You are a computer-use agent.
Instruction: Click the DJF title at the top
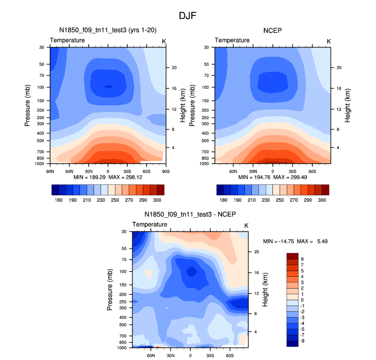point(187,16)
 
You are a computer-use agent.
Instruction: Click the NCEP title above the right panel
point(272,31)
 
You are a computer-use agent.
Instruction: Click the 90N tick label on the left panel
point(50,171)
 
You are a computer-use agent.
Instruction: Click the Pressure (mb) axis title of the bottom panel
point(110,290)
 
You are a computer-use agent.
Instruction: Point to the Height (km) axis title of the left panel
point(183,105)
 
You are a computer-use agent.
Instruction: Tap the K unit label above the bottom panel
point(246,225)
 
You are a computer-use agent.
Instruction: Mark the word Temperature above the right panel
point(232,40)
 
